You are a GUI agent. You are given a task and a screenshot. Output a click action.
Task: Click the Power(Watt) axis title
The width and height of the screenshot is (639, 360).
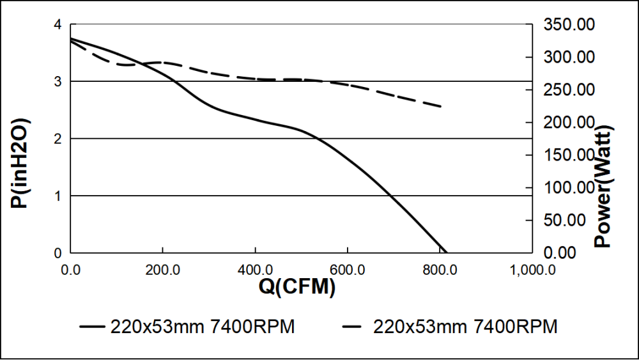603,186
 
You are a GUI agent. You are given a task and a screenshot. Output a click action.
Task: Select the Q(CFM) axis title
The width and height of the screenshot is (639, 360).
297,288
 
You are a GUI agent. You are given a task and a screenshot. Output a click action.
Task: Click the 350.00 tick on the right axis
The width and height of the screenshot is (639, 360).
569,25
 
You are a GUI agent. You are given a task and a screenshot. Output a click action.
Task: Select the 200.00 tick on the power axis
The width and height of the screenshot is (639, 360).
569,123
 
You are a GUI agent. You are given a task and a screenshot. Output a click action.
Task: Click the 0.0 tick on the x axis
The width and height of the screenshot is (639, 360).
70,269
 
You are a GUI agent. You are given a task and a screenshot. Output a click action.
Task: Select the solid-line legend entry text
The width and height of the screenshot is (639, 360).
203,327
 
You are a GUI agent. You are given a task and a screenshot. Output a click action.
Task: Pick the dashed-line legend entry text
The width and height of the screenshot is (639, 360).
465,327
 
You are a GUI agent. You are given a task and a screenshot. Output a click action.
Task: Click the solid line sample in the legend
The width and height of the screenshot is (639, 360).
92,327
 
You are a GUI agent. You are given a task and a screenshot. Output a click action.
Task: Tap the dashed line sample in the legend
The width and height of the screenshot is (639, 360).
355,327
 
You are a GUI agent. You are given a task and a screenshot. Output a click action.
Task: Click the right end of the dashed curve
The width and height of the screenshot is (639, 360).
441,106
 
